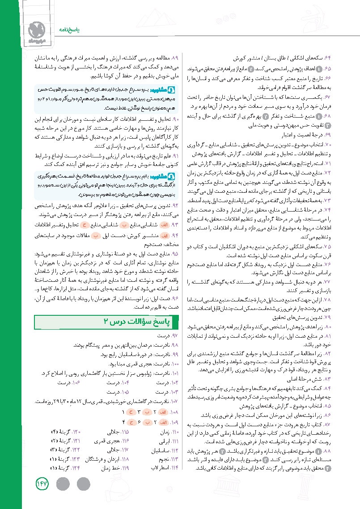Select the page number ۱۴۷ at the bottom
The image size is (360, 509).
point(40,484)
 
